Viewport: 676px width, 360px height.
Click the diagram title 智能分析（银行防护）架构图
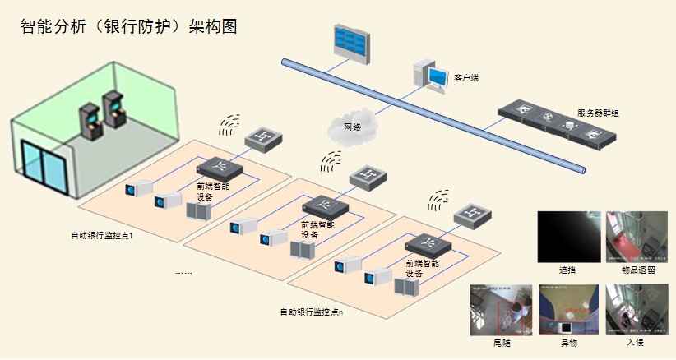(129, 27)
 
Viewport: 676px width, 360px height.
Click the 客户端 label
(466, 78)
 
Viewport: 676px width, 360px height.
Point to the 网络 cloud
(352, 127)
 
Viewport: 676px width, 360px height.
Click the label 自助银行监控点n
(311, 312)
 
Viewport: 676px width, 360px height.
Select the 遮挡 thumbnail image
(567, 236)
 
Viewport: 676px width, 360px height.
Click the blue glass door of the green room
(44, 169)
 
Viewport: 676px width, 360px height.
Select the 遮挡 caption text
(567, 269)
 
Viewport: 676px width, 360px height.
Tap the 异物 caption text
(569, 342)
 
